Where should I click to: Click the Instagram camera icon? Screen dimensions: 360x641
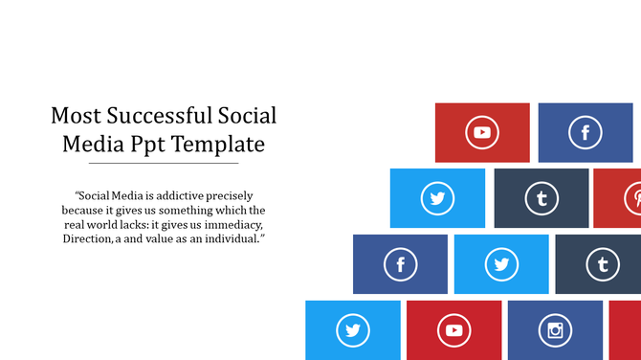click(555, 331)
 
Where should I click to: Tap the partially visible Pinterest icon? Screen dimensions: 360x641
click(634, 199)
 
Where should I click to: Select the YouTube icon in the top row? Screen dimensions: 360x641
click(482, 133)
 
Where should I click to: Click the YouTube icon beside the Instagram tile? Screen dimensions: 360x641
click(454, 331)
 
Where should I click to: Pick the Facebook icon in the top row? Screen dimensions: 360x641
click(585, 133)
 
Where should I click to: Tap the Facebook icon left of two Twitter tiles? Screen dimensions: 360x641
click(400, 264)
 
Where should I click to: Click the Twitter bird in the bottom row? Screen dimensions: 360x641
click(353, 331)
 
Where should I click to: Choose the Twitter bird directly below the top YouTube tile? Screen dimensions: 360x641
click(437, 199)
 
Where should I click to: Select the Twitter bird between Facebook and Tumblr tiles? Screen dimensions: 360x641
click(501, 264)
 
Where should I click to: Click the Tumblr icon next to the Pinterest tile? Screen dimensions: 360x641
click(542, 199)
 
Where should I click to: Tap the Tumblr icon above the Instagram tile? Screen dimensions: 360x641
click(602, 264)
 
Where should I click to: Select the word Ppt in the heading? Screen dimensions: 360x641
click(157, 145)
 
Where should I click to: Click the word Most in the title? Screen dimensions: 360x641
click(74, 116)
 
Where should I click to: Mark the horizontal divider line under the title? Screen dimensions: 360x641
click(163, 164)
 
